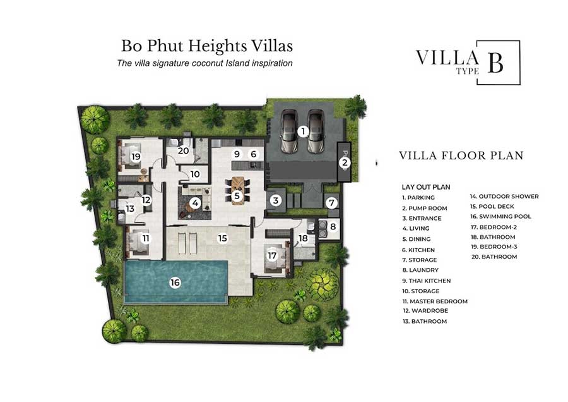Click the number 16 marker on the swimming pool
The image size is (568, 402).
point(175,283)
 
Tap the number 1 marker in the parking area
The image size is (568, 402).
point(303,131)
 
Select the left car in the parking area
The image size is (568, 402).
point(290,131)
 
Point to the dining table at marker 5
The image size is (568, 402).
point(237,191)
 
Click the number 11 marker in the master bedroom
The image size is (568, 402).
point(146,238)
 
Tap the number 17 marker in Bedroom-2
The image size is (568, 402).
point(272,255)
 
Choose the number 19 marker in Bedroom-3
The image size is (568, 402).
point(136,156)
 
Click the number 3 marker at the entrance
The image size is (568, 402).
point(276,200)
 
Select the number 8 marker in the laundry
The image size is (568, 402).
point(333,227)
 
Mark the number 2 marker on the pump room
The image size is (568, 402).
point(345,162)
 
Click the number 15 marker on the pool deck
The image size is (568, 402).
point(222,238)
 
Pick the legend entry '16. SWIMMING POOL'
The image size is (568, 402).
point(501,217)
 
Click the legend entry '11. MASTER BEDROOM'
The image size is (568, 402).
point(435,301)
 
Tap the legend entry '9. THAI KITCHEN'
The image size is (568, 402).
point(427,281)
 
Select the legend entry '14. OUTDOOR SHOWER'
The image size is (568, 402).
point(505,197)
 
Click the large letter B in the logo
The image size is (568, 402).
point(495,62)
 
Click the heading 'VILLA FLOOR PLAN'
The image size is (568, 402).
point(461,155)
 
